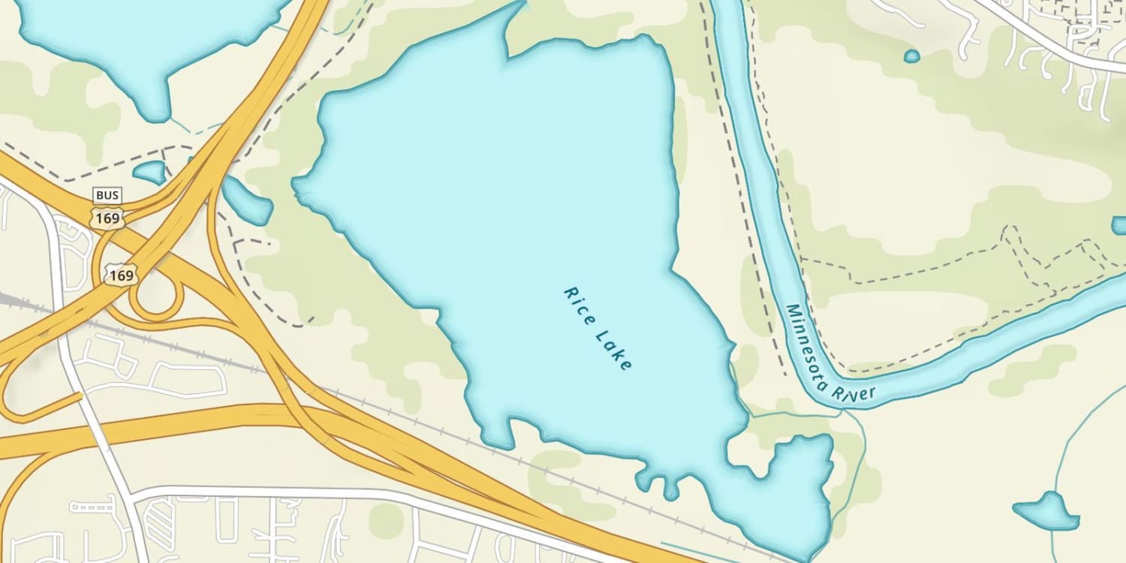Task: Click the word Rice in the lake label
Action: click(579, 303)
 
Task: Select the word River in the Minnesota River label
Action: click(858, 396)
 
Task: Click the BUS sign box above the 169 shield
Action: click(107, 196)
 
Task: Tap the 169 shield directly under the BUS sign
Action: click(106, 218)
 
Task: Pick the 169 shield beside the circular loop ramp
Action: click(121, 275)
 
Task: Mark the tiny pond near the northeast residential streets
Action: click(912, 56)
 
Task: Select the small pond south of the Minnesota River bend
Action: click(1047, 512)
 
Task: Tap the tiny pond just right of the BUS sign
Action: click(151, 172)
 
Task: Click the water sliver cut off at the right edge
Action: click(1119, 225)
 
